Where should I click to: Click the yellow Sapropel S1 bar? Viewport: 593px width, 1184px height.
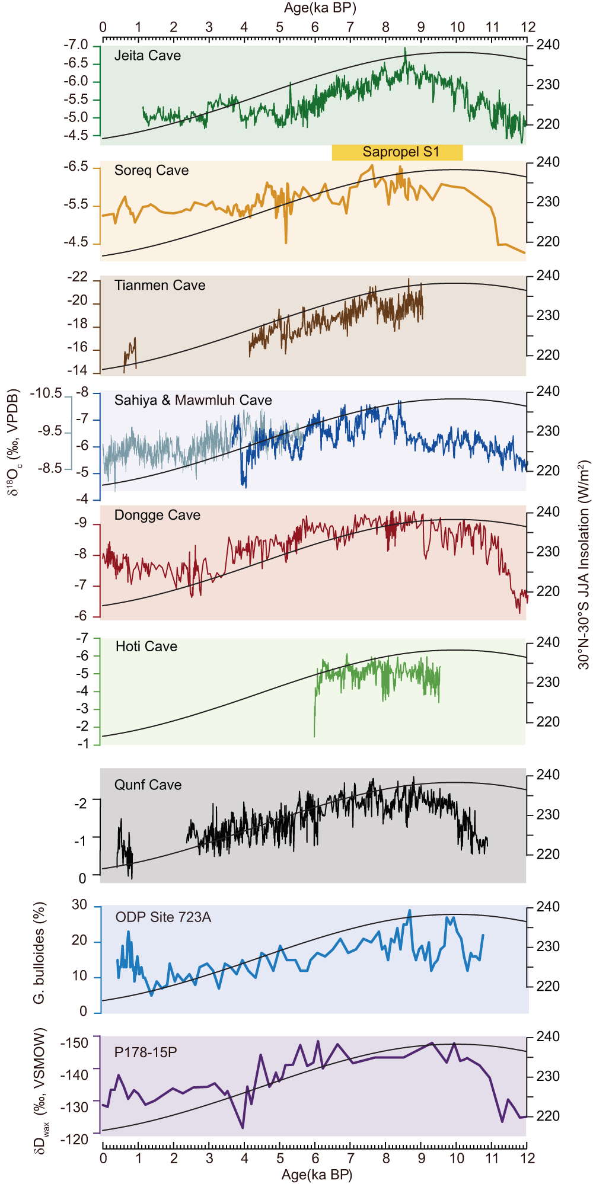pos(397,152)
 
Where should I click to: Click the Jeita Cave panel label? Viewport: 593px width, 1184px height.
pos(147,56)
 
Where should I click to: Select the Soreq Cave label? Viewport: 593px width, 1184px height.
pos(151,171)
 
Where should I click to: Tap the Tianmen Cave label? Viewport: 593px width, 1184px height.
pos(160,286)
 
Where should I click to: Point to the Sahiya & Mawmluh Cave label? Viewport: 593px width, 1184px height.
pos(193,401)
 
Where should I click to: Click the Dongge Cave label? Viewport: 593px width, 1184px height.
pos(157,516)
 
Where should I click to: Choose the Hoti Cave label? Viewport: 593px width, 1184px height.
pos(146,647)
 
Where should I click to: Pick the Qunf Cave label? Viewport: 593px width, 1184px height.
pos(148,785)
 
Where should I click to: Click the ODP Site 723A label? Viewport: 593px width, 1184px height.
pos(163,917)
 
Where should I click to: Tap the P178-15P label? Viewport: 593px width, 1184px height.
pos(145,1052)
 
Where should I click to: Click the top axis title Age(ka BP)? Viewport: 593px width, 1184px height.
pos(320,8)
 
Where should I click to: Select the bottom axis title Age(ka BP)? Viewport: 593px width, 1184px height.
pos(317,1175)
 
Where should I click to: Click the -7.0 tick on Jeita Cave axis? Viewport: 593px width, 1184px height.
pos(75,46)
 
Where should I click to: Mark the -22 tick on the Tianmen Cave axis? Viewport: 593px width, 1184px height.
pos(77,277)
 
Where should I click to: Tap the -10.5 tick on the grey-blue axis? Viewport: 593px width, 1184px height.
pos(46,393)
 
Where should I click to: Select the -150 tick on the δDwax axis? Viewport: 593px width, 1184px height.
pos(74,1043)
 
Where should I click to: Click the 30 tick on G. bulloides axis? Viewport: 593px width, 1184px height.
pos(79,905)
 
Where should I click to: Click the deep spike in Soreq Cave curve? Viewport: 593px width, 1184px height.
pos(286,241)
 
